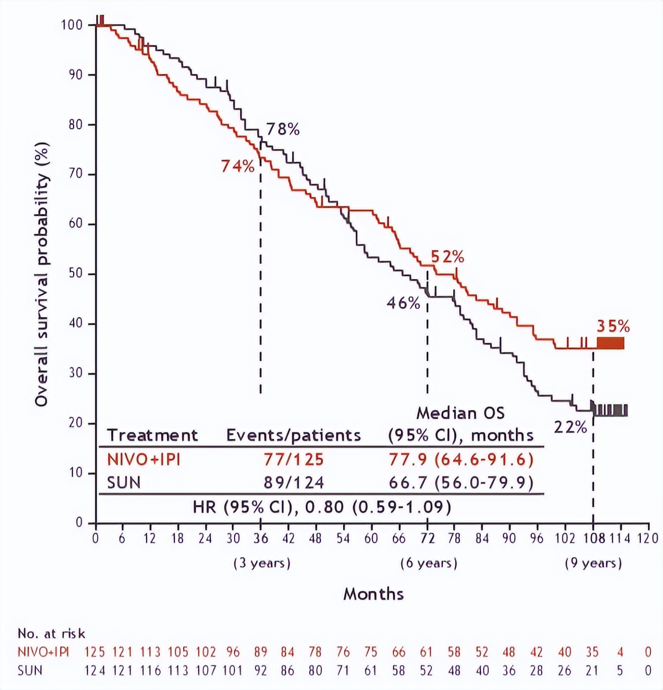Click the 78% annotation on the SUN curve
(283, 129)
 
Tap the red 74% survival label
(238, 166)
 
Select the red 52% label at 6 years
(447, 257)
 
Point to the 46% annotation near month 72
(404, 303)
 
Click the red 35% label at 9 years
(614, 326)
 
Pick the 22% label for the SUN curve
(570, 427)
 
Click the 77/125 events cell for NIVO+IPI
(294, 459)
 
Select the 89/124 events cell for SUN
(294, 483)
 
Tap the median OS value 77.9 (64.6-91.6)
(461, 459)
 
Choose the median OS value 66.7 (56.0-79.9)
(461, 483)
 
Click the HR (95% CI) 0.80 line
(322, 507)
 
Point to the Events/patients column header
(293, 435)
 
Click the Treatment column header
(153, 435)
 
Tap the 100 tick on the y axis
(71, 25)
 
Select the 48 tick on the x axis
(316, 539)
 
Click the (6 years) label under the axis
(429, 563)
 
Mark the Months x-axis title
(373, 594)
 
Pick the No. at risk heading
(51, 633)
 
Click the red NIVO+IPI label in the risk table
(43, 652)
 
